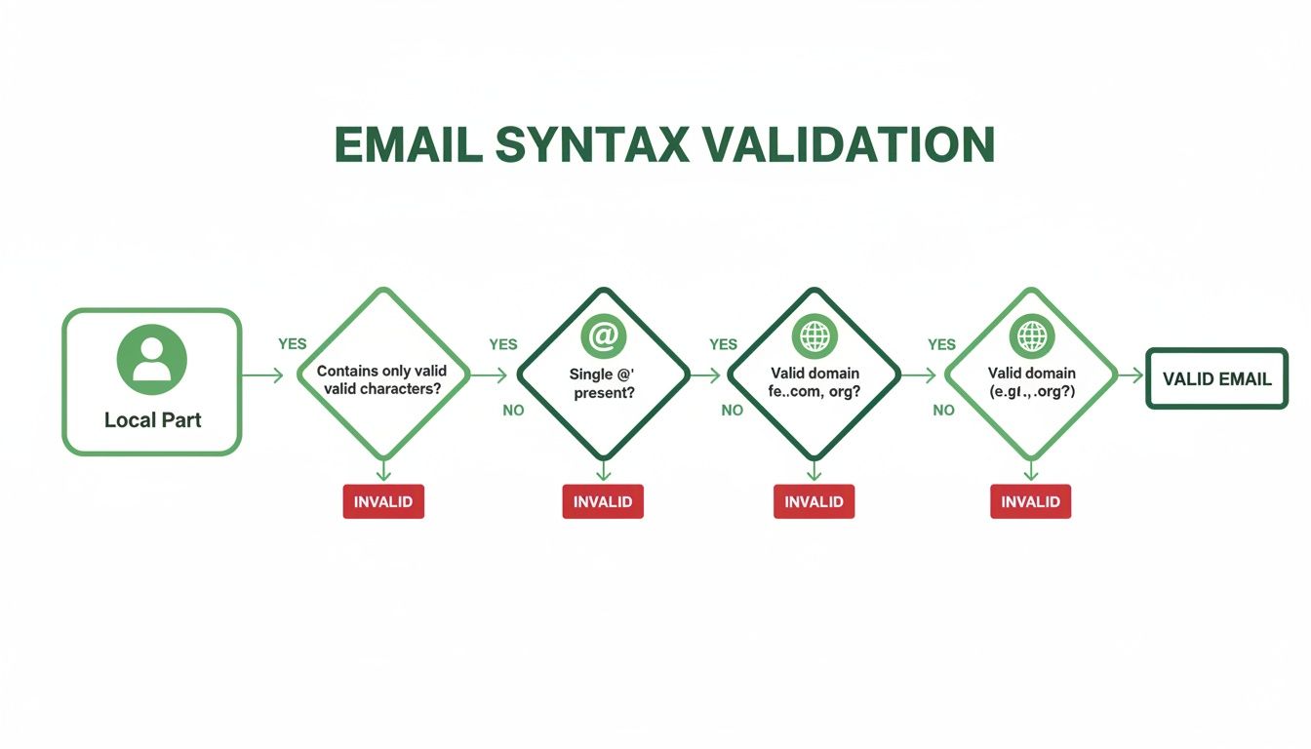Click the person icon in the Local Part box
pyautogui.click(x=151, y=358)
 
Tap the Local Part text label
pyautogui.click(x=153, y=420)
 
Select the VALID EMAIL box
pyautogui.click(x=1216, y=378)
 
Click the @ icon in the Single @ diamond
pyautogui.click(x=603, y=336)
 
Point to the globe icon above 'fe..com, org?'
pyautogui.click(x=814, y=336)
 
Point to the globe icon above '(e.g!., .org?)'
pyautogui.click(x=1031, y=336)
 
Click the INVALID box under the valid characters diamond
pyautogui.click(x=383, y=501)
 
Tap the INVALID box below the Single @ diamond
pyautogui.click(x=603, y=501)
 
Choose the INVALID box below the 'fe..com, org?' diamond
pyautogui.click(x=814, y=501)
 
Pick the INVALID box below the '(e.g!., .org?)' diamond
pyautogui.click(x=1031, y=501)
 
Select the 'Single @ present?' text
pyautogui.click(x=602, y=382)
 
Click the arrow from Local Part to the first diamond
pyautogui.click(x=261, y=374)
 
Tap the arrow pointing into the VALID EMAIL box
pyautogui.click(x=1130, y=374)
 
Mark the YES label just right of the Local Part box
pyautogui.click(x=292, y=344)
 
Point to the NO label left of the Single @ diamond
pyautogui.click(x=513, y=411)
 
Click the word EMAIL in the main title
pyautogui.click(x=409, y=144)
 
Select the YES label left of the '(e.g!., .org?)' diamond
pyautogui.click(x=941, y=344)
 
